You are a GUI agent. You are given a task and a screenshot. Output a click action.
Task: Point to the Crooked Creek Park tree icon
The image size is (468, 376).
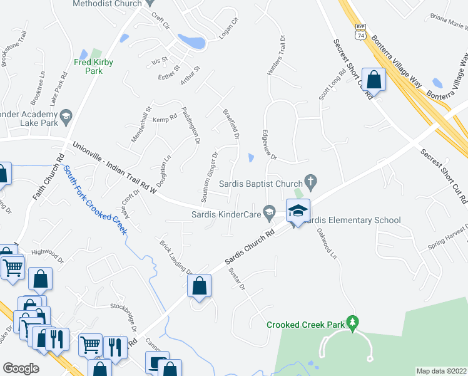coord(352,323)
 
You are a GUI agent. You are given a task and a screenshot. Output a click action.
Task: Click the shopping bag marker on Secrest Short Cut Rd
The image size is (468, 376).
coord(374,80)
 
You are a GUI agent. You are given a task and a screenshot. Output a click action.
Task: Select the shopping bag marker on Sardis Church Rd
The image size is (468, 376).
coord(200,286)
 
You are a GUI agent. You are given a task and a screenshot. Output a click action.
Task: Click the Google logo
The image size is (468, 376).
coord(21,368)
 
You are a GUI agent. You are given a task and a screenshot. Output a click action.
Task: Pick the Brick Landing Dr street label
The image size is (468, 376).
coord(175,258)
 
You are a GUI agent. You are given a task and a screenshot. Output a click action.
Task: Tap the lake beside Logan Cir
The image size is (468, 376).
coord(191,41)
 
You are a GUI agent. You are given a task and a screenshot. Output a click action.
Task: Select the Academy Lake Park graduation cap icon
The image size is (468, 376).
coord(66,115)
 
